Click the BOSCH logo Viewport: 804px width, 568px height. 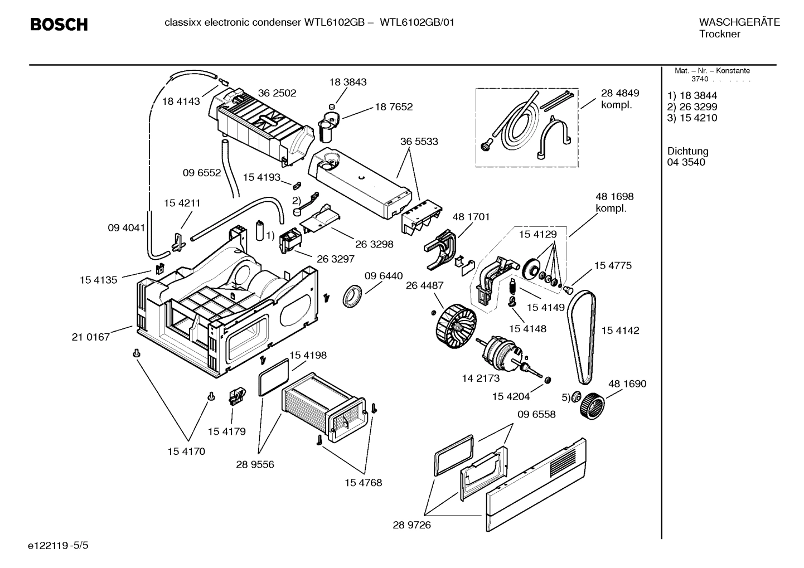pos(59,25)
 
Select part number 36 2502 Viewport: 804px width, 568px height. pos(277,93)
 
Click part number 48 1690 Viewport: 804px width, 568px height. pos(627,383)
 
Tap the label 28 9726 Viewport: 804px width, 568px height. pos(411,525)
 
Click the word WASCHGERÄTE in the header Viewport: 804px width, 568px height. pos(739,23)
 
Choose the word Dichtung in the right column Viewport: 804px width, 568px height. pos(687,151)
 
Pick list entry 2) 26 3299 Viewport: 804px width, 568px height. pos(692,106)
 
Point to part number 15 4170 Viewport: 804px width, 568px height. pos(186,451)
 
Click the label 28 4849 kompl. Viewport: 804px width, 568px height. pos(619,99)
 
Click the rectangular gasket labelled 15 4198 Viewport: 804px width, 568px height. pos(274,378)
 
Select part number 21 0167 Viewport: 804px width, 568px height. pos(90,337)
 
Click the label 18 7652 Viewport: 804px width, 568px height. pos(394,106)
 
